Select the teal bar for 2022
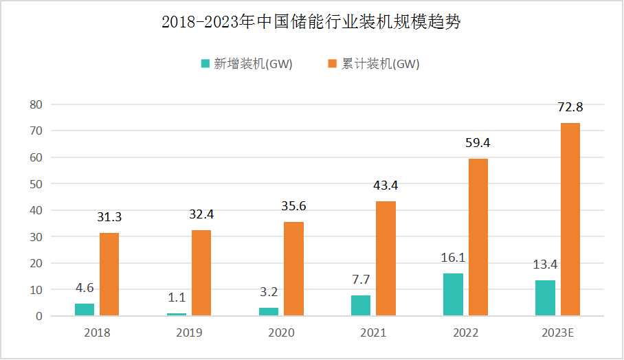click(x=453, y=295)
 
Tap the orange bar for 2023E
click(x=570, y=220)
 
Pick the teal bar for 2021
click(x=361, y=306)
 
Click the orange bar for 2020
click(x=293, y=269)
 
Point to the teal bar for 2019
click(x=177, y=315)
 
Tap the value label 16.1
click(x=453, y=258)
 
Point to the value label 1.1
click(x=177, y=298)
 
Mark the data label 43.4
click(x=386, y=185)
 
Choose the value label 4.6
click(x=85, y=289)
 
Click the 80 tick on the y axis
click(x=36, y=104)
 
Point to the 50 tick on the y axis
click(x=36, y=184)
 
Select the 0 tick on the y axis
click(x=39, y=317)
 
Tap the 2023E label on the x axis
click(x=557, y=333)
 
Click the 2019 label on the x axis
click(x=189, y=333)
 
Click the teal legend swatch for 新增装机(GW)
click(x=205, y=64)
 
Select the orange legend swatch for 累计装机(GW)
click(x=332, y=64)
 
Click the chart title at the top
click(x=311, y=22)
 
